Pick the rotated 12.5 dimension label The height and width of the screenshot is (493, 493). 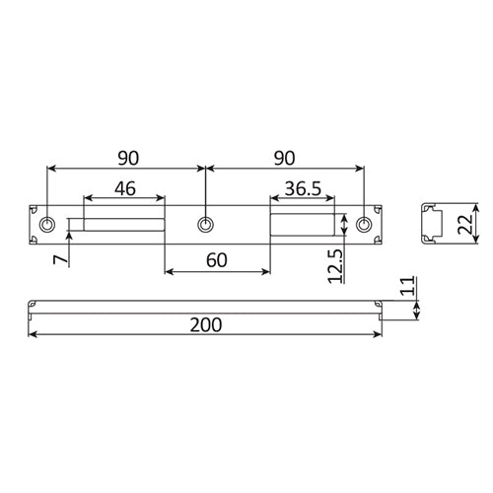[335, 264]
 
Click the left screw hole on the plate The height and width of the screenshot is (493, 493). [46, 224]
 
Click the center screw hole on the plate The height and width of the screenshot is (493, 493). [205, 224]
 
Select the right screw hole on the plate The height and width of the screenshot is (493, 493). [367, 224]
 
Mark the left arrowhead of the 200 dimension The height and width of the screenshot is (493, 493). [32, 336]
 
